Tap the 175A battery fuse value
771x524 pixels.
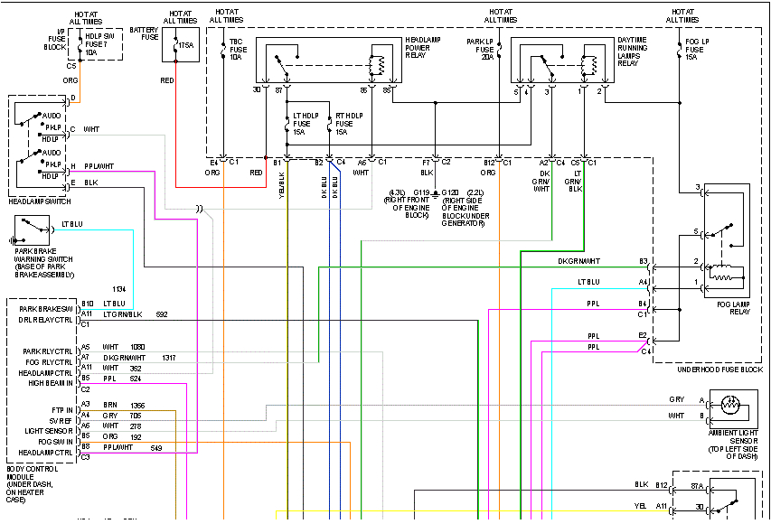185,44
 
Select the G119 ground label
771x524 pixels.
421,192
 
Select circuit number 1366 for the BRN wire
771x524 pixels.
136,406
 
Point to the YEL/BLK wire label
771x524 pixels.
282,178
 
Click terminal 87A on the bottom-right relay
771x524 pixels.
696,486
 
